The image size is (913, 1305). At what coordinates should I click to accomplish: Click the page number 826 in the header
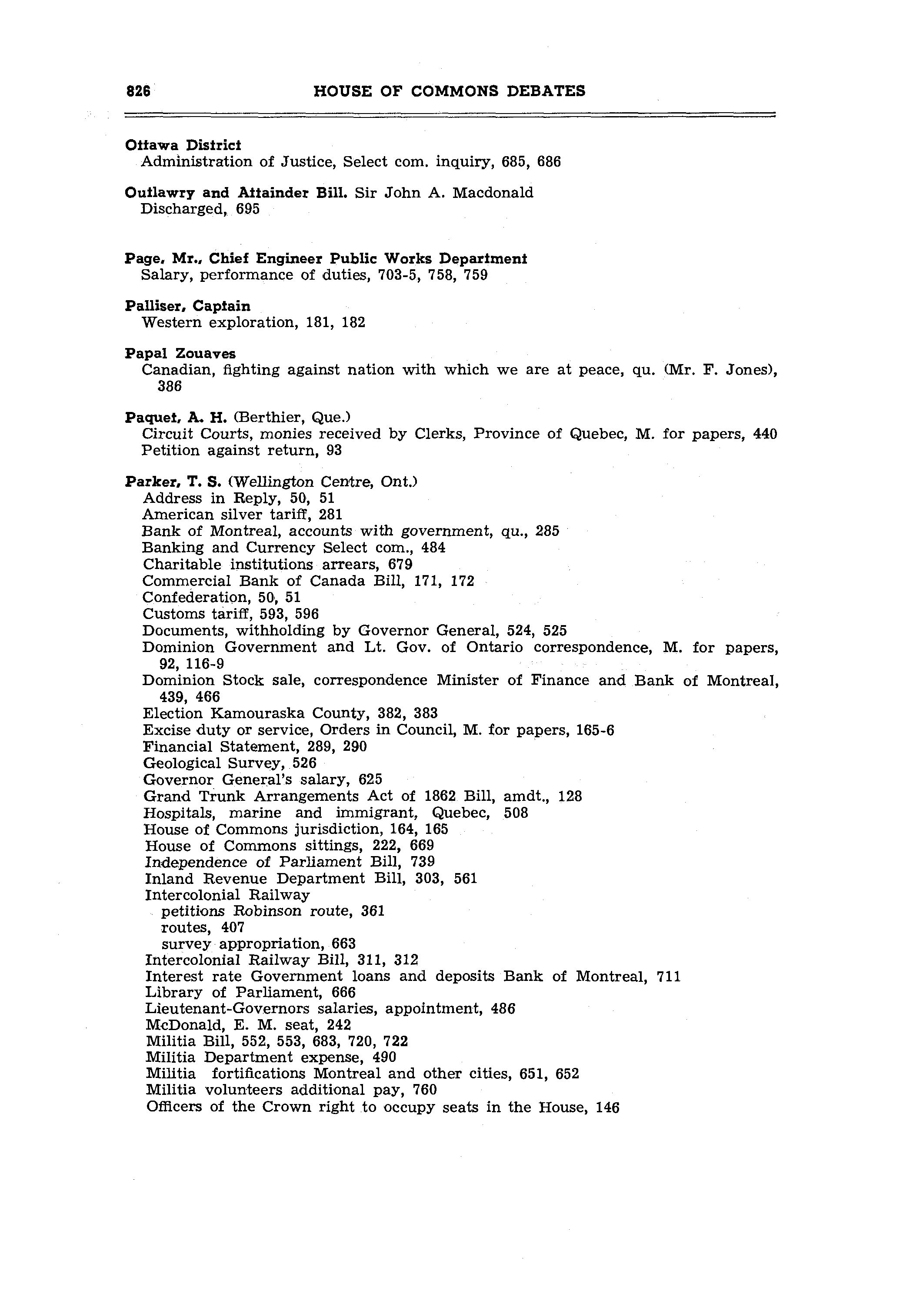(138, 91)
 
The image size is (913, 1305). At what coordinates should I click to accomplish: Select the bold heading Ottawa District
(183, 145)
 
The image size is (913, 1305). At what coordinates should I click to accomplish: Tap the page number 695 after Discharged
(248, 209)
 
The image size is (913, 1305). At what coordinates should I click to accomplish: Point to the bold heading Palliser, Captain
(187, 306)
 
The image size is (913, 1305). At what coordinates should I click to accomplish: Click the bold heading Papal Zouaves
(180, 354)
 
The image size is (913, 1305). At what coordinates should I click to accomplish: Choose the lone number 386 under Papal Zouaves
(170, 387)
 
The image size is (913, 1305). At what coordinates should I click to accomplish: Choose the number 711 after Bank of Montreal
(669, 977)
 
